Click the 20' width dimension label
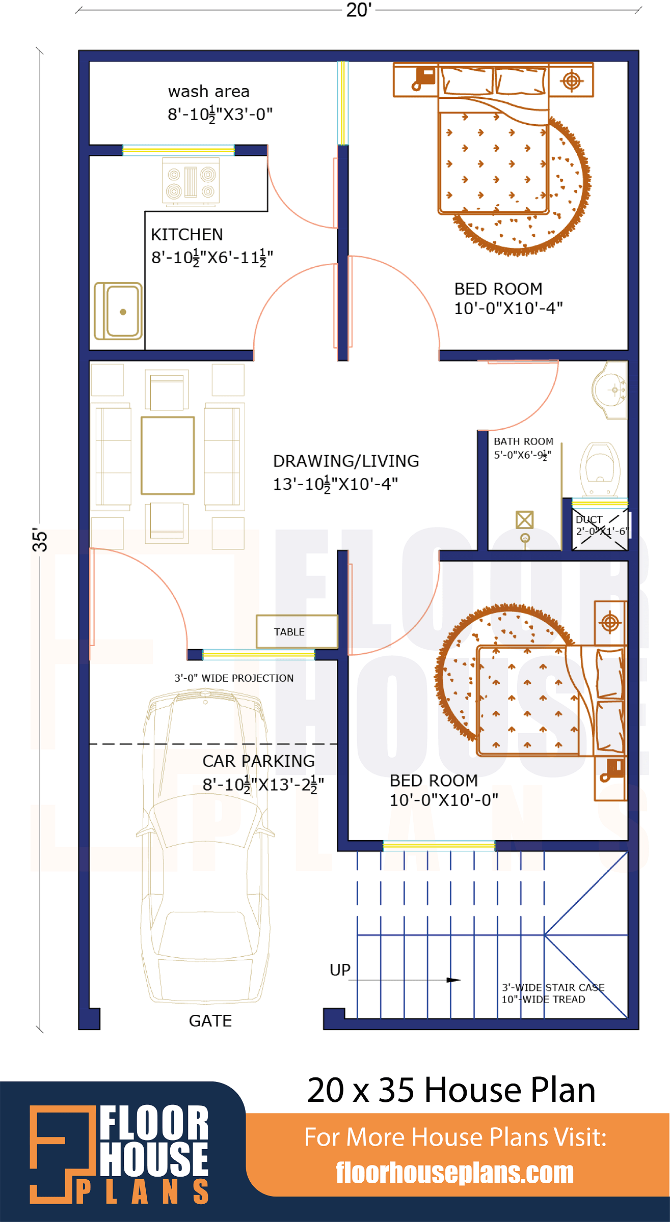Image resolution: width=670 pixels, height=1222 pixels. point(359,10)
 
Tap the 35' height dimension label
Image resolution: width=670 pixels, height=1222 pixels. point(40,539)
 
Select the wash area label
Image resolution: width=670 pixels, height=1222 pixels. point(209,92)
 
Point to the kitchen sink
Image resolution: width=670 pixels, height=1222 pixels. point(118,311)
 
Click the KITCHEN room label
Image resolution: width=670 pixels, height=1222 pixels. point(187,235)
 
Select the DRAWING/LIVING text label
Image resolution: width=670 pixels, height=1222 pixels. point(346,461)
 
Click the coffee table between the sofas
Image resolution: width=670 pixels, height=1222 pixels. point(168,455)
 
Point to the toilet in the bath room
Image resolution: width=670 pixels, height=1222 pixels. point(600,469)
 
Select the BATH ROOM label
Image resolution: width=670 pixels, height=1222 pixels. point(523,441)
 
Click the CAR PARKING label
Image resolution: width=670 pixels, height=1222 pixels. point(258,761)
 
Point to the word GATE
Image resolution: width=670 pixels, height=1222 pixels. point(210,1021)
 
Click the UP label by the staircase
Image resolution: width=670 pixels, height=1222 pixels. point(340,970)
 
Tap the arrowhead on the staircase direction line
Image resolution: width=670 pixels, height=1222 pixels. point(453,980)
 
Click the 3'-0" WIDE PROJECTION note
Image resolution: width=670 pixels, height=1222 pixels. point(234,678)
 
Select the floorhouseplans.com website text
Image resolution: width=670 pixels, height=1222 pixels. point(454,1173)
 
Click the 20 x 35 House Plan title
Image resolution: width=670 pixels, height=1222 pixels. point(451,1090)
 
